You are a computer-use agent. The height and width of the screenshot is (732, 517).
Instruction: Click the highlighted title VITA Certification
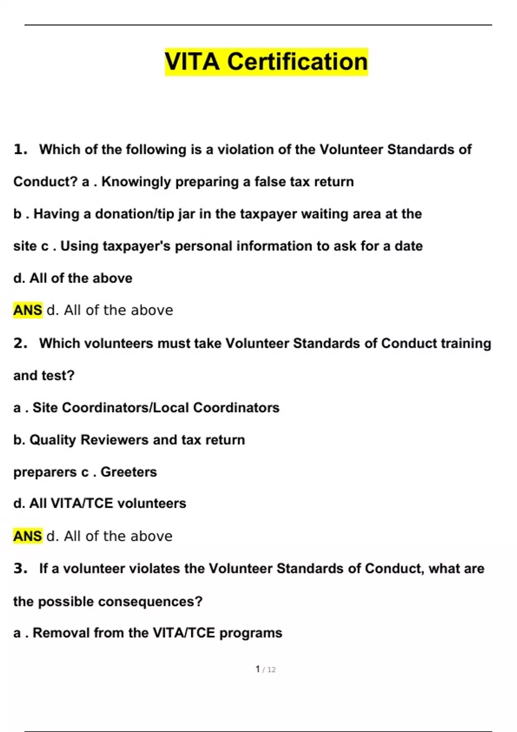(x=266, y=62)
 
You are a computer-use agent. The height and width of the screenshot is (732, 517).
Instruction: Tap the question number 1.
(x=20, y=150)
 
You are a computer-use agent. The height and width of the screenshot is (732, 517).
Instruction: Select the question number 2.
(x=20, y=344)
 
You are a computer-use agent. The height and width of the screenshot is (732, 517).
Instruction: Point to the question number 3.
(x=20, y=569)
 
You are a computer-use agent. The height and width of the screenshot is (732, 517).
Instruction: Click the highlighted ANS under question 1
(x=28, y=310)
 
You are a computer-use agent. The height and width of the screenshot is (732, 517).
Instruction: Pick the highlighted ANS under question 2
(x=28, y=536)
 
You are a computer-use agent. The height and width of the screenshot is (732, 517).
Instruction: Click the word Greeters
(x=128, y=472)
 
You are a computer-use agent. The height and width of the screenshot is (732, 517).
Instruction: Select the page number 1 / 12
(x=265, y=669)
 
